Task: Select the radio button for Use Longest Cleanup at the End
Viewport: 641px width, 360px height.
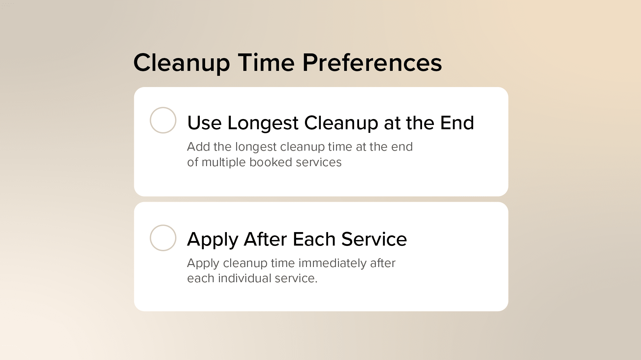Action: (163, 120)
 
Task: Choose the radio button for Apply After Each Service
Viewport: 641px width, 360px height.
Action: (163, 238)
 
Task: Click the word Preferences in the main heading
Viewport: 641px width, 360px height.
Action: (372, 63)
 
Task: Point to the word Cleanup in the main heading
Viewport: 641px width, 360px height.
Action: (182, 63)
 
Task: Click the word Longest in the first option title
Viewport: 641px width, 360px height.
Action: (263, 123)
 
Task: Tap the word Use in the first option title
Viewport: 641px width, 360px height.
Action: (204, 123)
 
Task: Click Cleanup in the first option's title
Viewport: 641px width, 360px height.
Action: (341, 123)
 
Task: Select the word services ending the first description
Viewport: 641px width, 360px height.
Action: (319, 162)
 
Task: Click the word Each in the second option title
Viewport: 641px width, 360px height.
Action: (314, 239)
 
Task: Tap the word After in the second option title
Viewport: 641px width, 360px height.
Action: (265, 239)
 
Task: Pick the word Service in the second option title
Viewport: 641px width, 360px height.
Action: (374, 239)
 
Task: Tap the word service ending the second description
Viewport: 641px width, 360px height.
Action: (296, 278)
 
